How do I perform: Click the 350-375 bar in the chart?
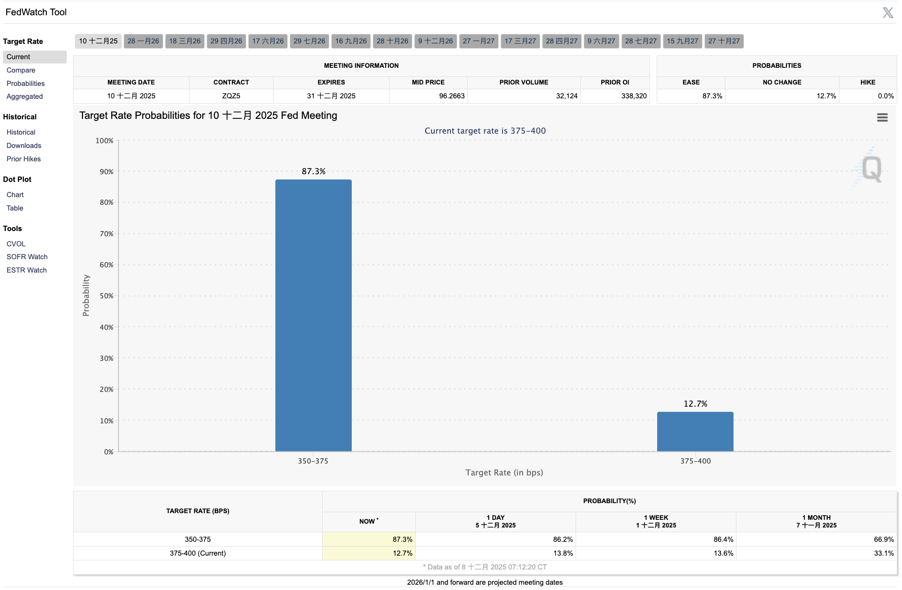313,315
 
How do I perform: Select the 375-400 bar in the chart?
695,432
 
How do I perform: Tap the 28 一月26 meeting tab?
143,41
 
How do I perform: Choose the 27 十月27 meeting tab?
724,41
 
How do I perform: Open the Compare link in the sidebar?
21,70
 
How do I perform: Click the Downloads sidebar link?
24,146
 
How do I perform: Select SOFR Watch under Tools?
27,257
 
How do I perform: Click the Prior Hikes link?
24,159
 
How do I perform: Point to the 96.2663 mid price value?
451,96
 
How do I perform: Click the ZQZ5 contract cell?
231,96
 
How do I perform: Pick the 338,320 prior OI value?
634,96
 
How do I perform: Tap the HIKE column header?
868,82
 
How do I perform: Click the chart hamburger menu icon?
882,117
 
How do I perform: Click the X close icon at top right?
888,12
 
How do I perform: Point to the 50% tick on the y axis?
106,296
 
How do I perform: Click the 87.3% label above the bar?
314,171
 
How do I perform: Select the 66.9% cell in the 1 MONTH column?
883,539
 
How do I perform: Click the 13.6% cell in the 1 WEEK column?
723,553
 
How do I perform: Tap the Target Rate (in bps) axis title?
504,473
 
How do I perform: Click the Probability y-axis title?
86,295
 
